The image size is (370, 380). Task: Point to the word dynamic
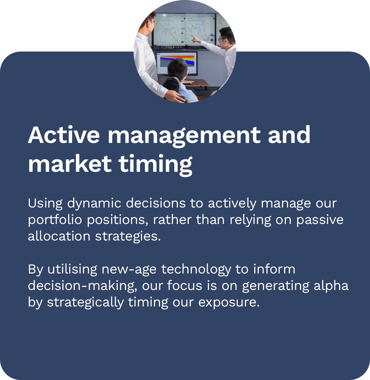(94, 203)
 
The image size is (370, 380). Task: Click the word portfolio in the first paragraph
(55, 220)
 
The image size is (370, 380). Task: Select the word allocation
(59, 236)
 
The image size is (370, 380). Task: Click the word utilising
(72, 269)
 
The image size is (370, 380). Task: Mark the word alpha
(331, 286)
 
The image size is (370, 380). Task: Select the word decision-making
(83, 286)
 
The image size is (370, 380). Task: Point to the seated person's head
(177, 69)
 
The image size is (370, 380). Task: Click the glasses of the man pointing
(222, 39)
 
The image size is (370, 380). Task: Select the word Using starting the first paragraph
(45, 203)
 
